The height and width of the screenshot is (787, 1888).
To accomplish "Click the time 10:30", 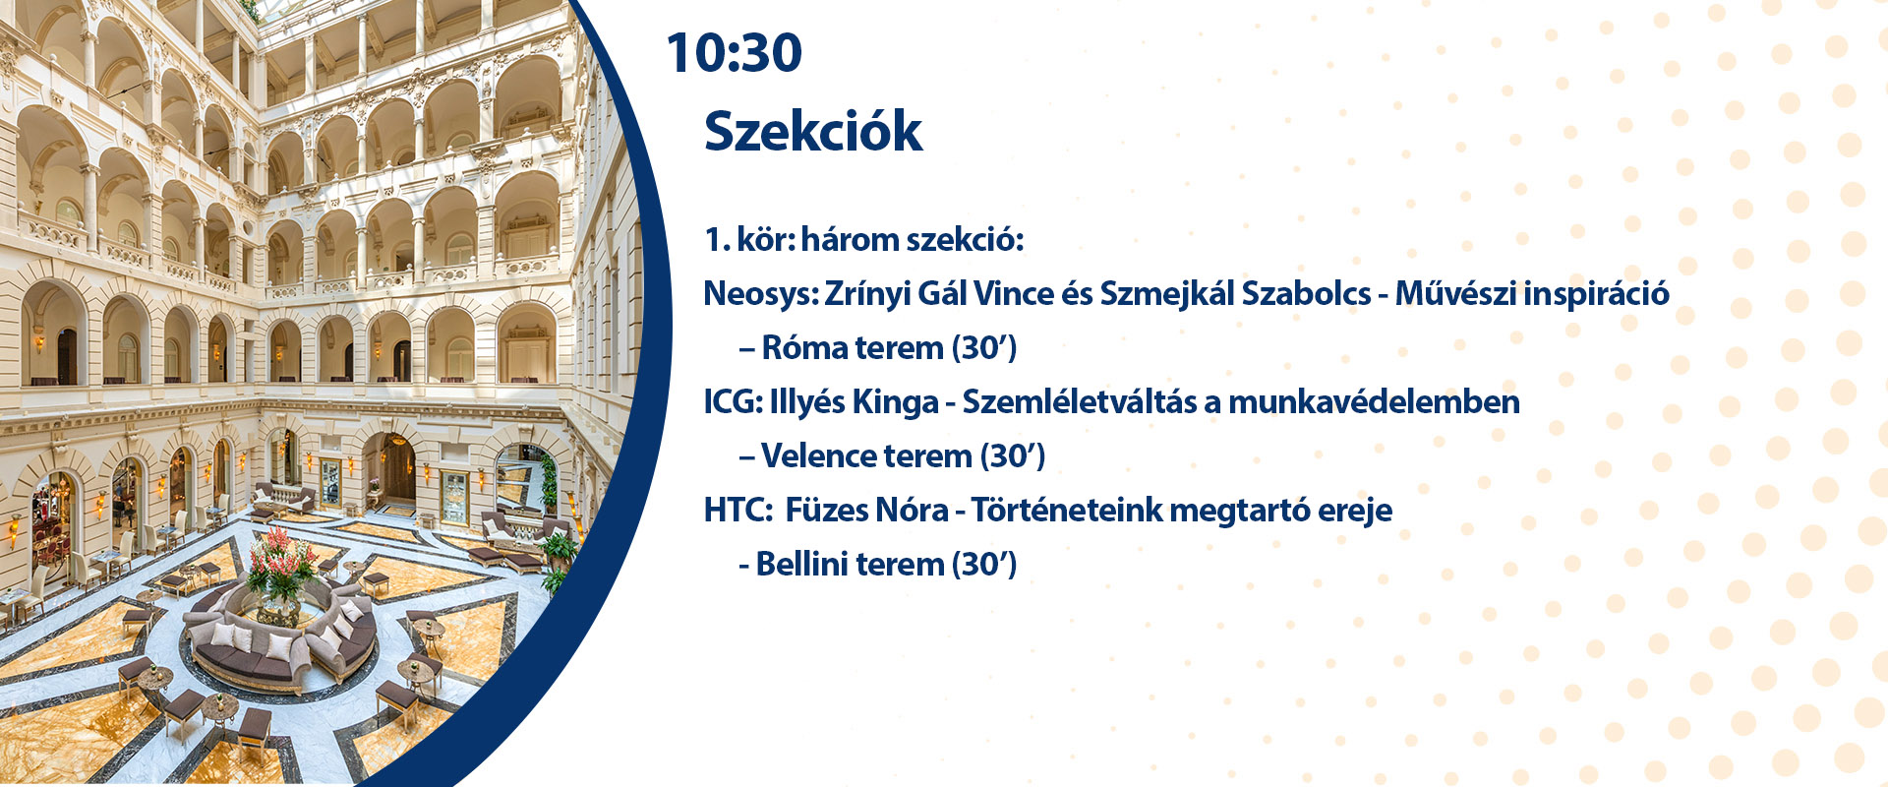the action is click(x=734, y=53).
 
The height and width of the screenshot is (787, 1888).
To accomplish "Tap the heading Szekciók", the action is click(x=813, y=131).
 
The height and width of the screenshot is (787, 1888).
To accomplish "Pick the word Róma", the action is click(x=804, y=347).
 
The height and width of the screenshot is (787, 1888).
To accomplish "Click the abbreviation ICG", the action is click(x=732, y=401).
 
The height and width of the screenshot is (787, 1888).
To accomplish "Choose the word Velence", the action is click(x=817, y=455).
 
